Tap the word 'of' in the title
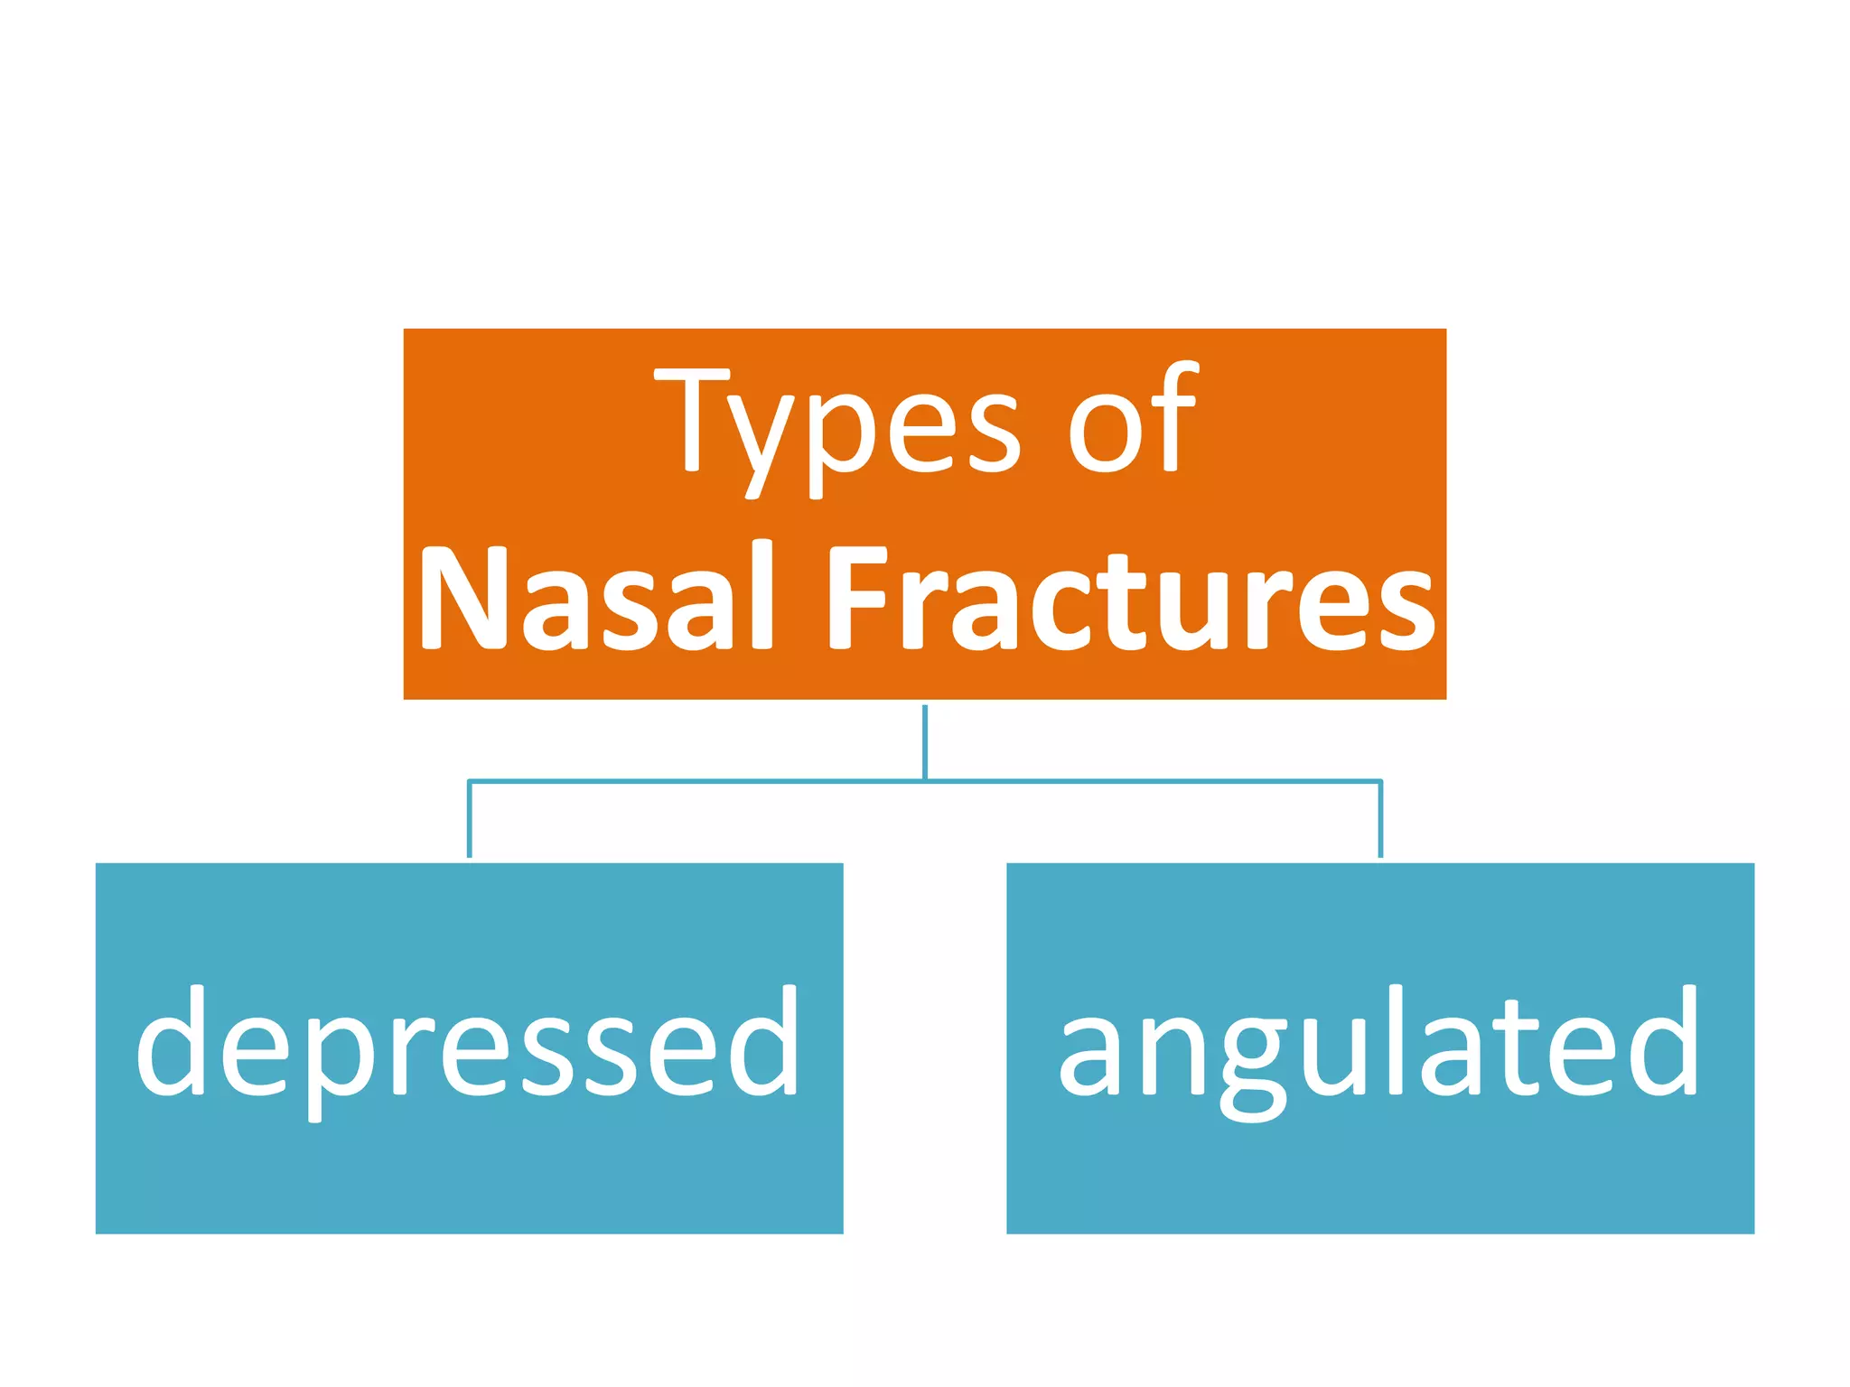click(x=1133, y=420)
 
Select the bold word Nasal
click(x=596, y=598)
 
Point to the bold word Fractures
click(x=1129, y=598)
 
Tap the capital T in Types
click(x=692, y=420)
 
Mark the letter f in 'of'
click(x=1174, y=415)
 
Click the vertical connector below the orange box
click(x=925, y=740)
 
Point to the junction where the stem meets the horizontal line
click(x=925, y=780)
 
